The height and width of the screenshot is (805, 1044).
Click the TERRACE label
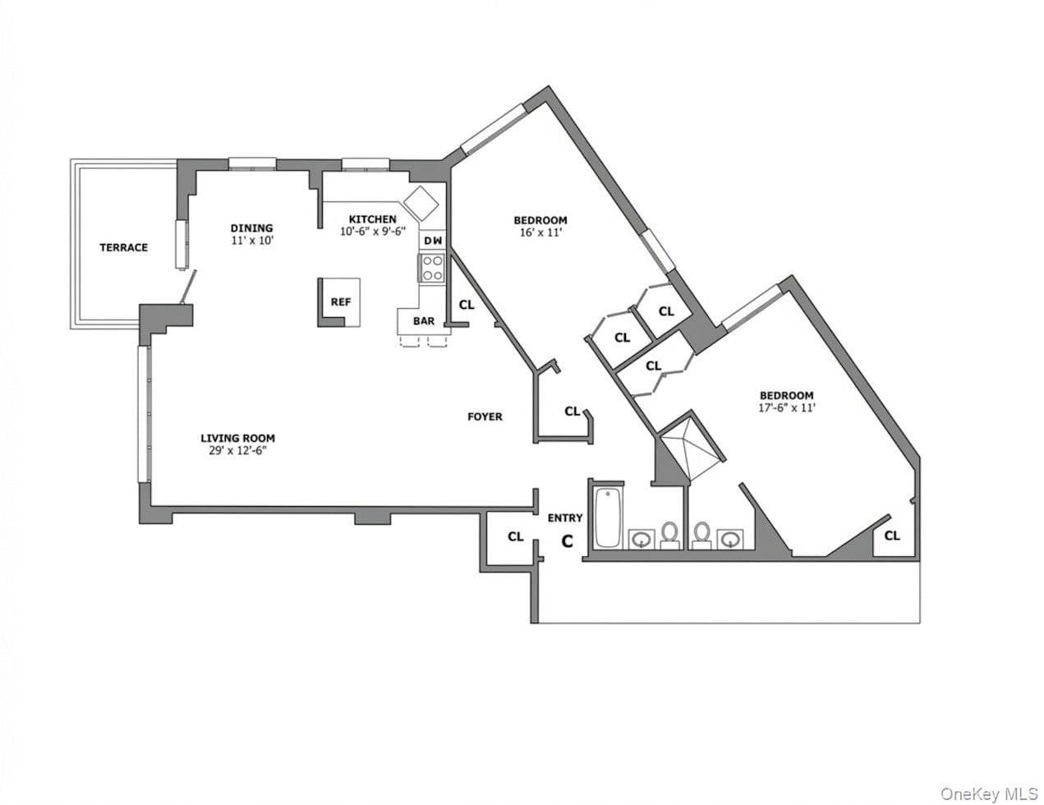[x=123, y=247]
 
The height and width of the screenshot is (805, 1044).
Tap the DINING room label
[x=251, y=228]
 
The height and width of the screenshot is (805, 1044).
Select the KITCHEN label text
[x=373, y=219]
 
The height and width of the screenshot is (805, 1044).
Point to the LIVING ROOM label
[x=238, y=438]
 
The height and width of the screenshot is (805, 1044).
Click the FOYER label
[x=485, y=416]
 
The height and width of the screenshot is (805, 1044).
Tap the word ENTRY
[x=565, y=517]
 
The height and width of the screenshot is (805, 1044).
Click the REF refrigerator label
[x=341, y=301]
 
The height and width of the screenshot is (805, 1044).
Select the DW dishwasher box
[x=433, y=240]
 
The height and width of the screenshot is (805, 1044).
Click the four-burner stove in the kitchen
[x=432, y=268]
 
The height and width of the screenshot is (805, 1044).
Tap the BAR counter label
[x=424, y=321]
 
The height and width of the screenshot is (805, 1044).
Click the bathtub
[x=607, y=517]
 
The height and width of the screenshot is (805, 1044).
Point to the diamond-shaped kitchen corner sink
[x=421, y=203]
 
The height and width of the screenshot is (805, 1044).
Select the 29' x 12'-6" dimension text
[x=237, y=450]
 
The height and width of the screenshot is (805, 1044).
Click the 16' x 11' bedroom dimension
[x=540, y=233]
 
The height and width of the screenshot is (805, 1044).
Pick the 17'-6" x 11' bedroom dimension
[x=786, y=407]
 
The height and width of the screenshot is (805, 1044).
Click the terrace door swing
[x=188, y=287]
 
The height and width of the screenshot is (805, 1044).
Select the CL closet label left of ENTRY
[x=516, y=536]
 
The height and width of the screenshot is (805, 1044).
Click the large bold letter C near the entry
[x=568, y=541]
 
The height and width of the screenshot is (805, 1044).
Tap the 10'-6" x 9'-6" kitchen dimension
[x=373, y=231]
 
